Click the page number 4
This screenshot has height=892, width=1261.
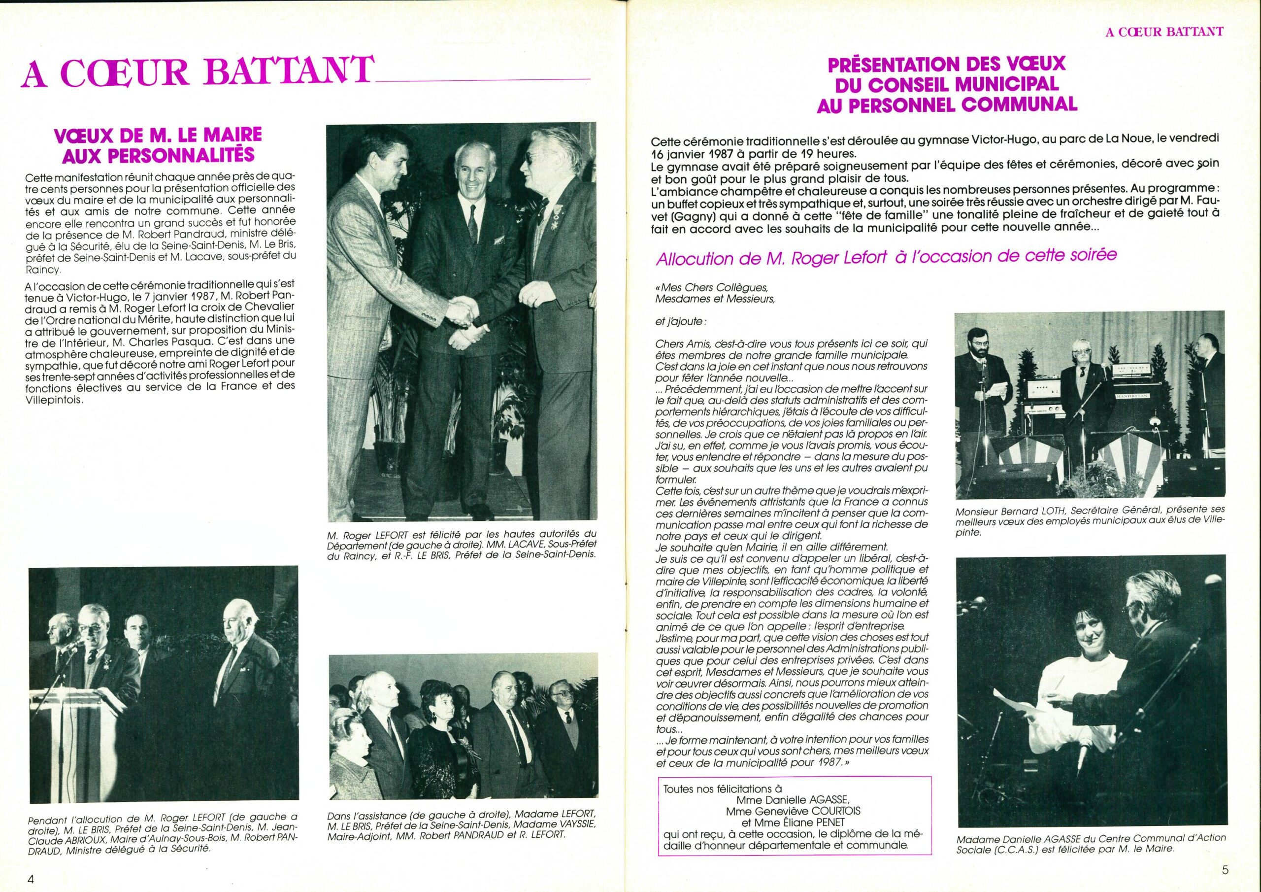[32, 879]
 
